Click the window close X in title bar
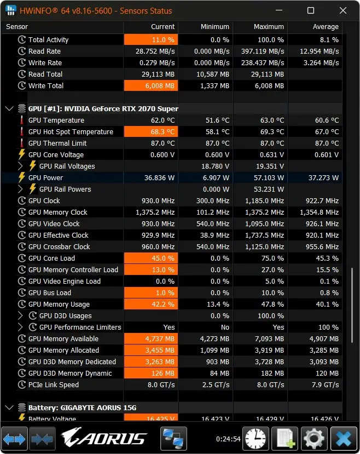pyautogui.click(x=343, y=11)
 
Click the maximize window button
pyautogui.click(x=311, y=11)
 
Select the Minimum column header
pyautogui.click(x=215, y=27)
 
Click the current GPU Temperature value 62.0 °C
pyautogui.click(x=163, y=120)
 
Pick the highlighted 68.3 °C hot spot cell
pyautogui.click(x=151, y=132)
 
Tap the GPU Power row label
pyautogui.click(x=46, y=178)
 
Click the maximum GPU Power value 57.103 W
pyautogui.click(x=269, y=178)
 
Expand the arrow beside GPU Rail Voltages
pyautogui.click(x=20, y=166)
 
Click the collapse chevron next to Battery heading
pyautogui.click(x=9, y=407)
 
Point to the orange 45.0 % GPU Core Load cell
pyautogui.click(x=151, y=258)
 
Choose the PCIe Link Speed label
pyautogui.click(x=54, y=385)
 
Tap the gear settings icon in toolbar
pyautogui.click(x=314, y=439)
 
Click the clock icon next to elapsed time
pyautogui.click(x=256, y=439)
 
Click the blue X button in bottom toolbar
pyautogui.click(x=344, y=439)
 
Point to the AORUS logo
pyautogui.click(x=104, y=438)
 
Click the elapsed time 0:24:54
pyautogui.click(x=228, y=439)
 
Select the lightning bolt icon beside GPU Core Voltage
pyautogui.click(x=21, y=154)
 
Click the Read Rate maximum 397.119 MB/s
pyautogui.click(x=263, y=51)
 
